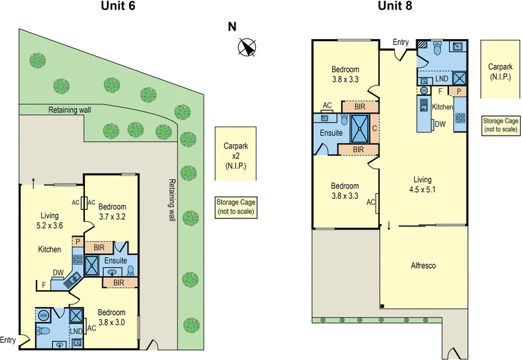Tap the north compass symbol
247,46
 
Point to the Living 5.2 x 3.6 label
50,220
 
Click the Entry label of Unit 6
8,339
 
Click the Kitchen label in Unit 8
442,106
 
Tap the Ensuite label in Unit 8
331,133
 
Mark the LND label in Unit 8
441,78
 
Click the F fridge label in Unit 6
44,284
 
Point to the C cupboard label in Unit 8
375,128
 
